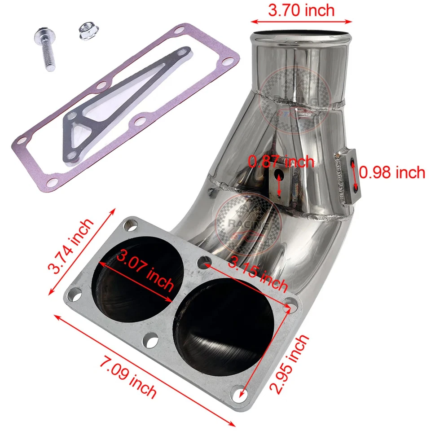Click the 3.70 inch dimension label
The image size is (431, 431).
(x=301, y=10)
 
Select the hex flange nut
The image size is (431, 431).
(x=87, y=31)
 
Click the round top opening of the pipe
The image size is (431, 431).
(x=301, y=35)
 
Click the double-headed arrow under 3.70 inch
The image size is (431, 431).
(x=301, y=21)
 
